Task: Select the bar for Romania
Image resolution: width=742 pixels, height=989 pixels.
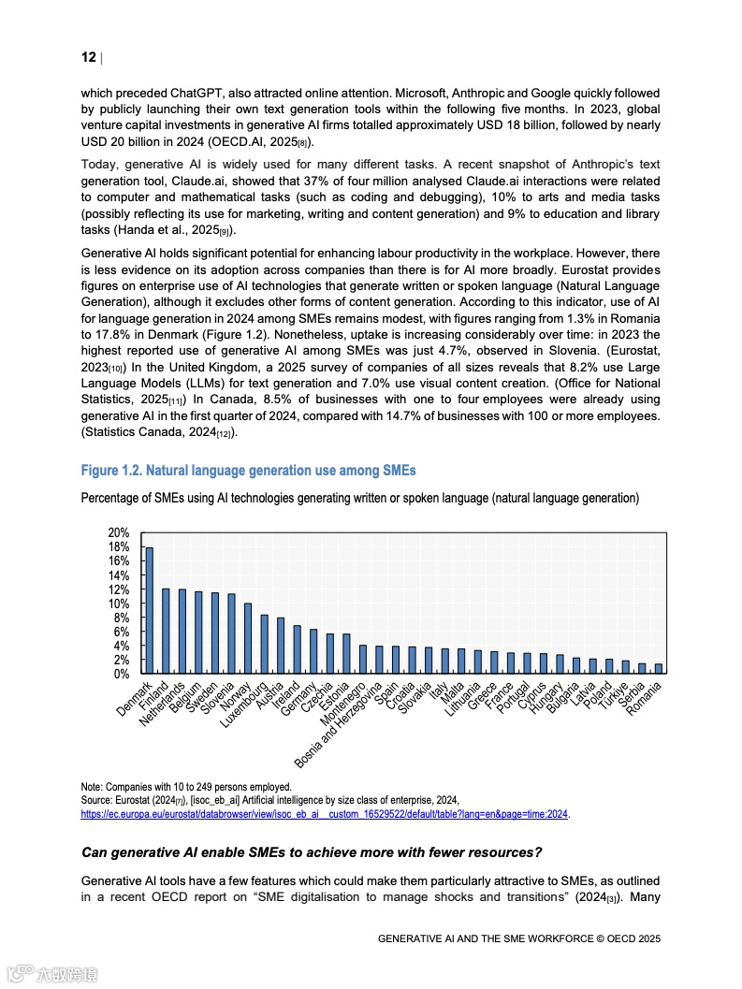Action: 659,668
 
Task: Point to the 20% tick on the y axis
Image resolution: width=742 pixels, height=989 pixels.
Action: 119,532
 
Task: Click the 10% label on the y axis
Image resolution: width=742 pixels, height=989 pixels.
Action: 119,604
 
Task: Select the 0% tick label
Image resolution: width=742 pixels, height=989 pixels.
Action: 122,674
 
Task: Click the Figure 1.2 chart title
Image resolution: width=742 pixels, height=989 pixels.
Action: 249,470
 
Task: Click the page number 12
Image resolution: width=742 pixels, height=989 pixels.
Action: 89,58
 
